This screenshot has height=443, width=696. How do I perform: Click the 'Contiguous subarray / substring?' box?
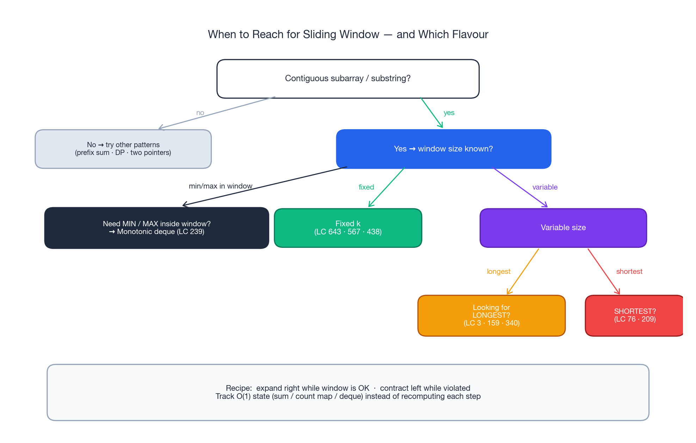[x=348, y=79]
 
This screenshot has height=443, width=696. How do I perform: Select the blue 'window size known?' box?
[x=443, y=149]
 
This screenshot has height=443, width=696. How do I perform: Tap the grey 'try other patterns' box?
[x=123, y=149]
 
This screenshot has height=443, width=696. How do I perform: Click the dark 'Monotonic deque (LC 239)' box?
[x=156, y=228]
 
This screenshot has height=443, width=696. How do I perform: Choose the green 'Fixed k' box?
[x=348, y=228]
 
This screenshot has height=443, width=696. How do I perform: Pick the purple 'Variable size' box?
[x=563, y=228]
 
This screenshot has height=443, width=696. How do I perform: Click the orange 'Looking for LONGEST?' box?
[x=491, y=316]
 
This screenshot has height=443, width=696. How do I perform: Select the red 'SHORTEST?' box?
[x=634, y=316]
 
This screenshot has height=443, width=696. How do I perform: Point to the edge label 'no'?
[x=200, y=113]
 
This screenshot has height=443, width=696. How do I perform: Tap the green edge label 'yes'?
[x=449, y=113]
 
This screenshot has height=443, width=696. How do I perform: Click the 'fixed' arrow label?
[x=366, y=187]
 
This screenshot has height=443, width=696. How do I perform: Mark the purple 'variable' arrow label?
[x=545, y=187]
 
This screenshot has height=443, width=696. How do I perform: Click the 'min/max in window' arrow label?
[x=221, y=186]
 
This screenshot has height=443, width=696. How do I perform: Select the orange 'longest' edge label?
[x=498, y=272]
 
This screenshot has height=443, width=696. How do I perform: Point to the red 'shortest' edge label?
[x=629, y=272]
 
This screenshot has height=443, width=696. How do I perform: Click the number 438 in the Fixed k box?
[x=374, y=232]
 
